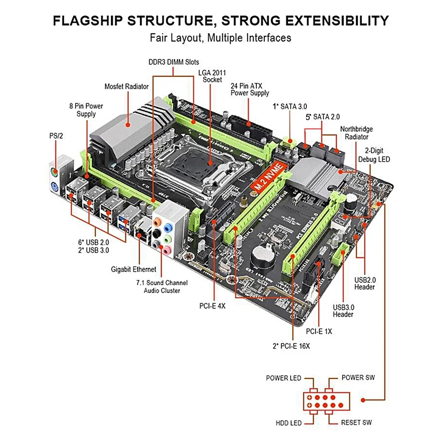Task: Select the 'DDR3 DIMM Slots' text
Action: coord(173,62)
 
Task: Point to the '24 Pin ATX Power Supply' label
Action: coord(250,90)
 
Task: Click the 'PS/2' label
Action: coord(55,135)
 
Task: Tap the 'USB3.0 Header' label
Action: coord(343,311)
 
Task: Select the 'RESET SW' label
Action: coord(357,423)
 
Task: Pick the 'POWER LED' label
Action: coord(283,378)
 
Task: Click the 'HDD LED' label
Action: coord(288,423)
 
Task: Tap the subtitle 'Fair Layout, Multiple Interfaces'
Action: coord(220,38)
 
